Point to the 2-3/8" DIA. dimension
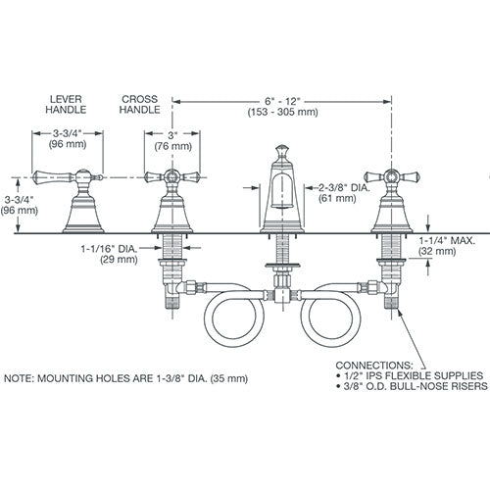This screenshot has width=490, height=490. pyautogui.click(x=344, y=187)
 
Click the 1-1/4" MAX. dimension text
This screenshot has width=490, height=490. pyautogui.click(x=450, y=239)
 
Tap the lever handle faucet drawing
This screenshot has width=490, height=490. pyautogui.click(x=80, y=201)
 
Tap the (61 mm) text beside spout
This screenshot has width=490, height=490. pyautogui.click(x=337, y=200)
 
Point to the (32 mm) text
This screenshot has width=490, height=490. pyautogui.click(x=441, y=252)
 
